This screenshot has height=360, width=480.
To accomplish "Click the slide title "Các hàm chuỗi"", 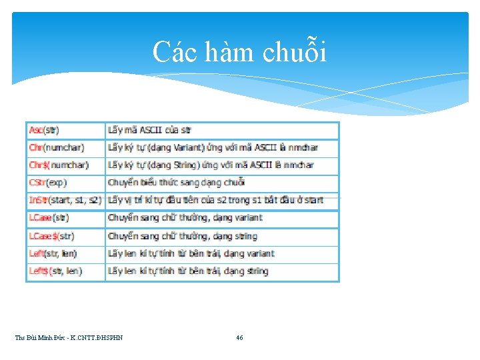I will coord(239,52).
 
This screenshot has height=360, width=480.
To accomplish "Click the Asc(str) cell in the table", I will coord(44,130).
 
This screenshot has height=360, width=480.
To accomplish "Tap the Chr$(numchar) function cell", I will coord(59,165).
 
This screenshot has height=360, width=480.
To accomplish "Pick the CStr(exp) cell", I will coord(48,182).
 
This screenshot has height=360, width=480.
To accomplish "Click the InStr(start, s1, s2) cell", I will coord(65,199).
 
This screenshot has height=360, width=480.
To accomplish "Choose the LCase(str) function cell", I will coord(49,217).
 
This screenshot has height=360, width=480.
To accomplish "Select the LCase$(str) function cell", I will coord(52,236).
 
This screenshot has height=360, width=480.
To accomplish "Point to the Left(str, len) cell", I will coord(53,253).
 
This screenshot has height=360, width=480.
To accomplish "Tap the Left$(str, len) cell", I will coord(55,271).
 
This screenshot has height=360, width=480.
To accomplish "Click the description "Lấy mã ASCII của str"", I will coord(149,130).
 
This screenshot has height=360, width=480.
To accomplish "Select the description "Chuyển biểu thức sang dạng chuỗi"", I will coord(176,182).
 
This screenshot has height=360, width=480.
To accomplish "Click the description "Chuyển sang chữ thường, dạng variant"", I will coord(185,217).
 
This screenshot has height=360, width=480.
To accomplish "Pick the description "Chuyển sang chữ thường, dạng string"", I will coord(182,236).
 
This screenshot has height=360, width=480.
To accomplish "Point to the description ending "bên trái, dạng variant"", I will coord(191,253).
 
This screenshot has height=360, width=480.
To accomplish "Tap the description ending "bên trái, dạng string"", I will coord(188,271).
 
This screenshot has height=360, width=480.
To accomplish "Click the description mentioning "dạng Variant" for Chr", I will coord(213,147).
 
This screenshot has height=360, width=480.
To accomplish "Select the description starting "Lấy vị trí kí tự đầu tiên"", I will coord(215,199).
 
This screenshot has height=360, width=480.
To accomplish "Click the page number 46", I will coord(239,338).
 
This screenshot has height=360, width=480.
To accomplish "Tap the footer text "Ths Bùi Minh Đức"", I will coord(69,338).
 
